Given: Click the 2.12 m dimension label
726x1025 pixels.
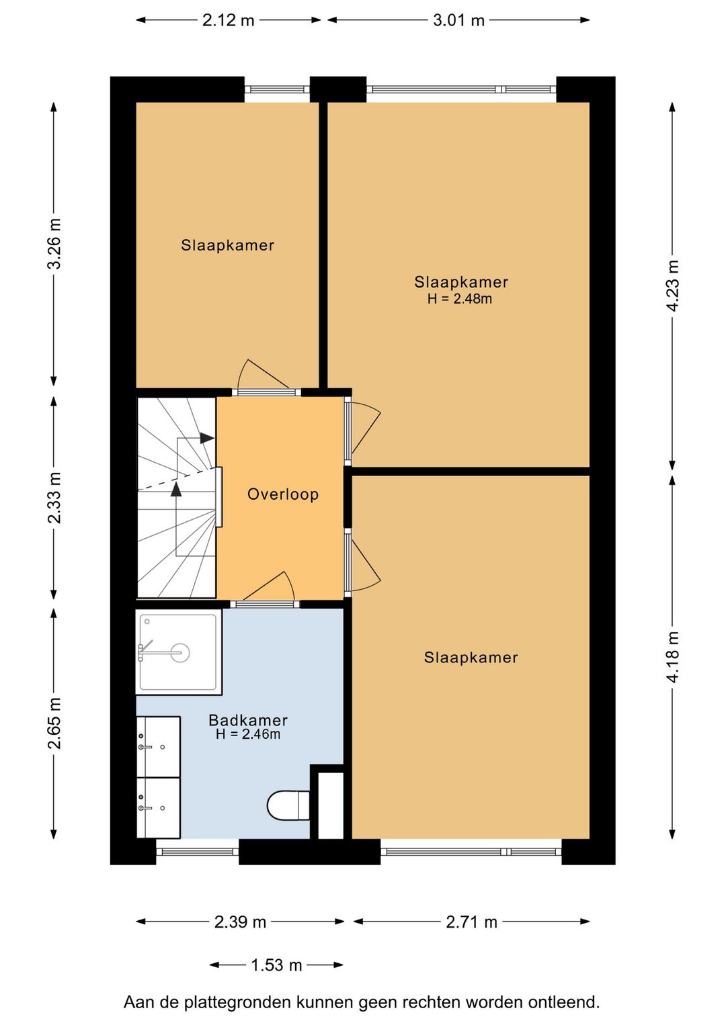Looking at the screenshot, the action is click(228, 21).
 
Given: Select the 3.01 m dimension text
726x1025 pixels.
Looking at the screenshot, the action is click(458, 21).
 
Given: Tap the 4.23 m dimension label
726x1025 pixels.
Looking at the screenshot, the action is click(673, 285).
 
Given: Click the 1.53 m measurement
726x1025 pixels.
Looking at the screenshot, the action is click(276, 965).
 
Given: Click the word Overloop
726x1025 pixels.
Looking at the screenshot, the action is click(283, 494).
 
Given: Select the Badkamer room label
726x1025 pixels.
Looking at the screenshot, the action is click(248, 720).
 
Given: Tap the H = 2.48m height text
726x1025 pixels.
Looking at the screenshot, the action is click(460, 299).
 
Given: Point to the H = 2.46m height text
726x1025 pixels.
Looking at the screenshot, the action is click(248, 735).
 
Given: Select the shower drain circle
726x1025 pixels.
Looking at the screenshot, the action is click(179, 653).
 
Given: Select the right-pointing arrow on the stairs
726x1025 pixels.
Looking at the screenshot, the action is click(207, 438).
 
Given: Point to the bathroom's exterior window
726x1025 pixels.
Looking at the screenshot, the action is click(198, 852).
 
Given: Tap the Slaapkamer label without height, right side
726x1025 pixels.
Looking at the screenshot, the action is click(471, 658).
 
